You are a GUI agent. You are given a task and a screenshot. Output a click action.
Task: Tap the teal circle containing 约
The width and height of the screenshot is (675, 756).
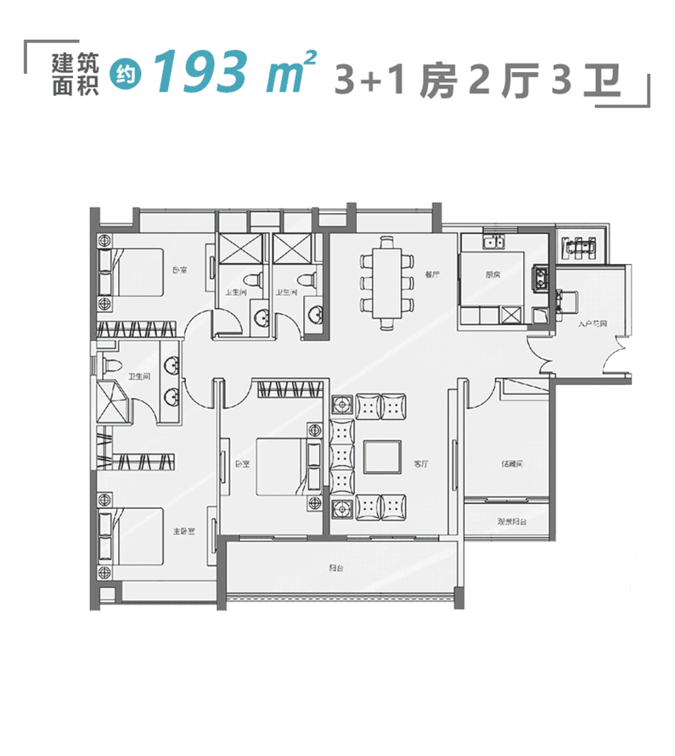(126, 76)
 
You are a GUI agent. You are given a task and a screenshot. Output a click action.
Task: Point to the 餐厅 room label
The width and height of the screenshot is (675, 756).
(432, 274)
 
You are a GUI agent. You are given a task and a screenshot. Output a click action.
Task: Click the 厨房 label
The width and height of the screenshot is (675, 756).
(492, 274)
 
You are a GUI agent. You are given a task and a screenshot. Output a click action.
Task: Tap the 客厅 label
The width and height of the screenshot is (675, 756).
(421, 464)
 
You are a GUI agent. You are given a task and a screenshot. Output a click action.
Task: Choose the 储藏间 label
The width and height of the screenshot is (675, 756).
(511, 464)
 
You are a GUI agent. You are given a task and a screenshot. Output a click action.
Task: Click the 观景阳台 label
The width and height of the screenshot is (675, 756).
(511, 521)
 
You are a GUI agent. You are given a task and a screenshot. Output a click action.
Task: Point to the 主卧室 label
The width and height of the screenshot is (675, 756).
(184, 532)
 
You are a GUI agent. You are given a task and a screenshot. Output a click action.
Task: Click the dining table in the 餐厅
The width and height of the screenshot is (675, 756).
(387, 281)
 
